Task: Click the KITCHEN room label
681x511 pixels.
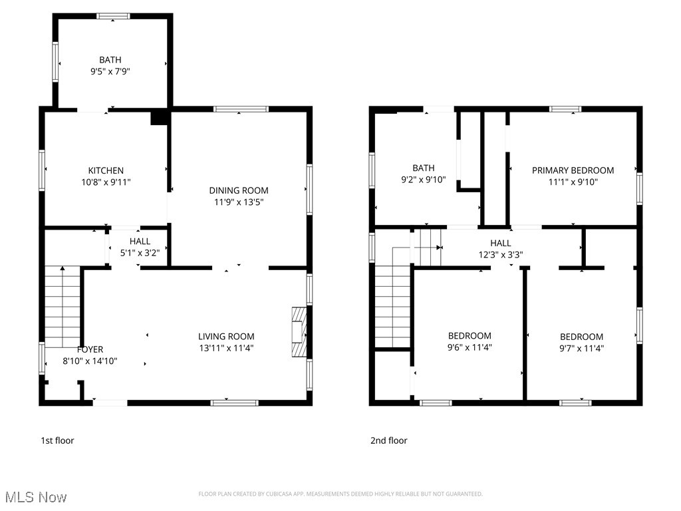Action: click(106, 171)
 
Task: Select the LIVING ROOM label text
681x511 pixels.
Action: click(226, 337)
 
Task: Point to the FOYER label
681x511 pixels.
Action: click(90, 349)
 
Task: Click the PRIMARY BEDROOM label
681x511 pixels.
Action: click(573, 170)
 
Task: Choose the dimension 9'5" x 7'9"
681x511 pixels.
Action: click(110, 71)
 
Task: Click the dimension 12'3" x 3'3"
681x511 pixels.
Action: click(501, 254)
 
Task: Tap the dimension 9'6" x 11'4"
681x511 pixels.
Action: click(470, 347)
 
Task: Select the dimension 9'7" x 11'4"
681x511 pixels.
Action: click(581, 347)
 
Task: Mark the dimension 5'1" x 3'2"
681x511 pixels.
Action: click(140, 252)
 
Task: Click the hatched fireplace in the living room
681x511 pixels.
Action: click(300, 332)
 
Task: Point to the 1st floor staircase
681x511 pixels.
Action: click(62, 305)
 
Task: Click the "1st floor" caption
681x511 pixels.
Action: click(58, 440)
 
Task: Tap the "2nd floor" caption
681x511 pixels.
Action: click(388, 440)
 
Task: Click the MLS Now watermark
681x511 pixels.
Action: click(35, 497)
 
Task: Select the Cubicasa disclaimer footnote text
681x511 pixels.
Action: click(340, 494)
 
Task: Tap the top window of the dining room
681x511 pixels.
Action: click(241, 109)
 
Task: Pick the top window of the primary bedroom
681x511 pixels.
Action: click(565, 109)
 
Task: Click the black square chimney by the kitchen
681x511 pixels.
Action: click(159, 118)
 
